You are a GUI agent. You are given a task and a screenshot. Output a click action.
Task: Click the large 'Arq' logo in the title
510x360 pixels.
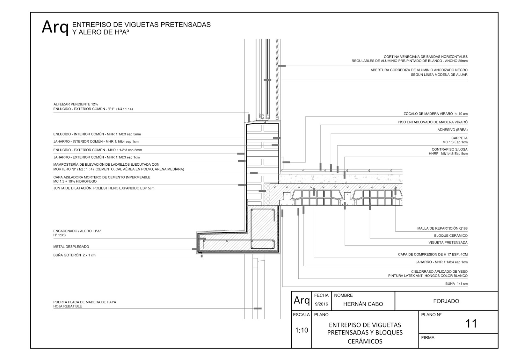click(x=55, y=27)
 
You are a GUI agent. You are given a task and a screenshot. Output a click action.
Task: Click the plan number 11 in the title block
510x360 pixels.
click(x=471, y=324)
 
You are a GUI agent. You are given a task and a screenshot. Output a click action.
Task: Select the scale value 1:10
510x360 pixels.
click(x=301, y=330)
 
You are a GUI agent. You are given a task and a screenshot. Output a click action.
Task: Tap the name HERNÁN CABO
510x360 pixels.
click(x=363, y=304)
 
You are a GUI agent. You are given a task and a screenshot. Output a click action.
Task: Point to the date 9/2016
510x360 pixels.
click(x=321, y=304)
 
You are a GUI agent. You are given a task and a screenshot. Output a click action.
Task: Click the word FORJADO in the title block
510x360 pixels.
click(x=446, y=301)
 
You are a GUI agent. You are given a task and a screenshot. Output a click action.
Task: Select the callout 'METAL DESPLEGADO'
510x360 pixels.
click(x=71, y=247)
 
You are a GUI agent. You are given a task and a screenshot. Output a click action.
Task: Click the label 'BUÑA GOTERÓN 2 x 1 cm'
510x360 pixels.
click(x=74, y=255)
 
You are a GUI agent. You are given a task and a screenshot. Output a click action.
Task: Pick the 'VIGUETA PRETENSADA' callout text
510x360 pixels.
click(x=448, y=242)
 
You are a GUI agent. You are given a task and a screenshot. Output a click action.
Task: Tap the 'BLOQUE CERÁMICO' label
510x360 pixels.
click(x=451, y=236)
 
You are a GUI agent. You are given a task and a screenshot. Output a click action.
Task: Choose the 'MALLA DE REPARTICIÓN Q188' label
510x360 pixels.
click(x=442, y=228)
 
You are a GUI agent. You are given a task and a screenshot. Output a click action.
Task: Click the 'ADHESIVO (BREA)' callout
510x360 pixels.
click(x=452, y=130)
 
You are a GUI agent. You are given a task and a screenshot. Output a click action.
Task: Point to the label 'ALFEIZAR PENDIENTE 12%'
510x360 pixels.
click(x=76, y=104)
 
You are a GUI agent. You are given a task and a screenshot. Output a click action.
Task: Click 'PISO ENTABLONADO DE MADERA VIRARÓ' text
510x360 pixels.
click(x=433, y=122)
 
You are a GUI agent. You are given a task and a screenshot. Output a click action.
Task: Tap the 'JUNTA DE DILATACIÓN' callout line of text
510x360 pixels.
click(x=104, y=188)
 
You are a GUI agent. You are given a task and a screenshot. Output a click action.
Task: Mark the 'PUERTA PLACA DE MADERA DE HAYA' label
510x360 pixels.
click(x=84, y=302)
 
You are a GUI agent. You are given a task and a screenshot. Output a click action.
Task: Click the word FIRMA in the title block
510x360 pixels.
click(x=427, y=338)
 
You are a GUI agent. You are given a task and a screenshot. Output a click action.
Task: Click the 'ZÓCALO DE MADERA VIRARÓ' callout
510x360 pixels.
click(x=435, y=114)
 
